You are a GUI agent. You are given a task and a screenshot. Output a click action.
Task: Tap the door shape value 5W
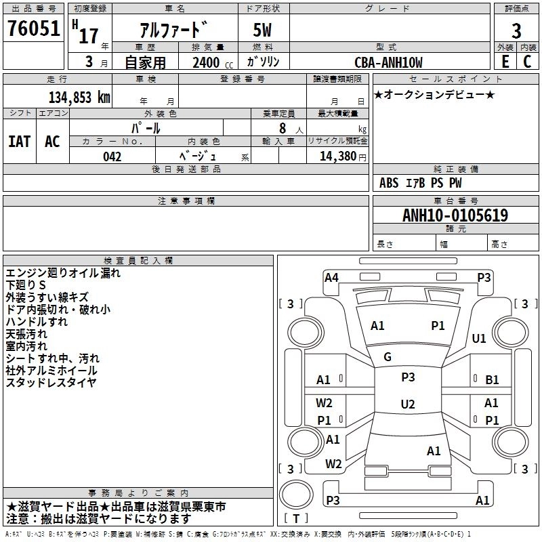[x=264, y=30]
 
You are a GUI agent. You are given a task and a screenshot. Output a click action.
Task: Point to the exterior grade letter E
[x=505, y=61]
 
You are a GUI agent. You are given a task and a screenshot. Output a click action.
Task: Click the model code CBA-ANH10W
[x=388, y=62]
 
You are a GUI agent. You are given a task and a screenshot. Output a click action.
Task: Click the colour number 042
[x=112, y=157]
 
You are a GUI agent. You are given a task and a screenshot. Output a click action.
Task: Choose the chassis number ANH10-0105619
[x=455, y=215]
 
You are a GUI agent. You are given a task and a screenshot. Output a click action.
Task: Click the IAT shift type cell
[x=19, y=142]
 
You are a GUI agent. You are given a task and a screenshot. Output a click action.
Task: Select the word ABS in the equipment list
[x=389, y=182]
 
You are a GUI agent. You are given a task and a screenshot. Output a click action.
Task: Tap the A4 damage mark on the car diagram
[x=331, y=277]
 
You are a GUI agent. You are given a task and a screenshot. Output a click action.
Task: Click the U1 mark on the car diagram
[x=480, y=338]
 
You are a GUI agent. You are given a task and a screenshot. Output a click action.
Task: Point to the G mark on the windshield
[x=388, y=357]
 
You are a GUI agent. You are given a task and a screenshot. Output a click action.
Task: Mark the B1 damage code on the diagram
[x=492, y=380]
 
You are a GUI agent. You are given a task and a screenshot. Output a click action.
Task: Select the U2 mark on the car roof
[x=408, y=404]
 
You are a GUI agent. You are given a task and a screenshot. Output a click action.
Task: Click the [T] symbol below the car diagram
[x=296, y=519]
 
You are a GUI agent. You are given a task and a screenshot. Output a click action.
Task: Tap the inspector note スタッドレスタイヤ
[x=51, y=383]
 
